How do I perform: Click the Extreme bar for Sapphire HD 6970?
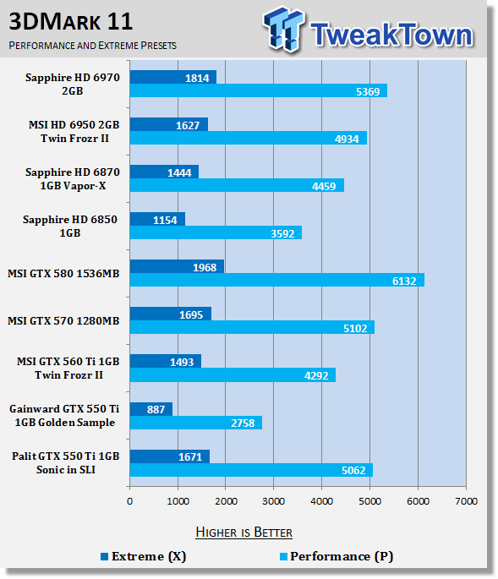pyautogui.click(x=172, y=77)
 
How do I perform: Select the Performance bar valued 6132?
pyautogui.click(x=277, y=280)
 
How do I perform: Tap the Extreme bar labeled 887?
pyautogui.click(x=151, y=409)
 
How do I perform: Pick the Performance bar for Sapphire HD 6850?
pyautogui.click(x=216, y=232)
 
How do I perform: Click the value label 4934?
pyautogui.click(x=347, y=139)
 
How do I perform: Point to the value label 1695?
pyautogui.click(x=191, y=315)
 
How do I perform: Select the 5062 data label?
pyautogui.click(x=353, y=471)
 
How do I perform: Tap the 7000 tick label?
pyautogui.click(x=466, y=501)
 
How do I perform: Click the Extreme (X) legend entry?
pyautogui.click(x=144, y=556)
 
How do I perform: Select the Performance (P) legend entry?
pyautogui.click(x=337, y=556)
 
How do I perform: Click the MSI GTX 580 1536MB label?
pyautogui.click(x=63, y=274)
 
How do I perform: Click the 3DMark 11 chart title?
pyautogui.click(x=70, y=21)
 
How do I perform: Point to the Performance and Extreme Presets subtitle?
pyautogui.click(x=93, y=46)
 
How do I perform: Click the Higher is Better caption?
pyautogui.click(x=244, y=533)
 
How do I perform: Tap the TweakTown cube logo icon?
pyautogui.click(x=284, y=29)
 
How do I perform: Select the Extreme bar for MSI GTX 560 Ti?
pyautogui.click(x=166, y=362)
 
